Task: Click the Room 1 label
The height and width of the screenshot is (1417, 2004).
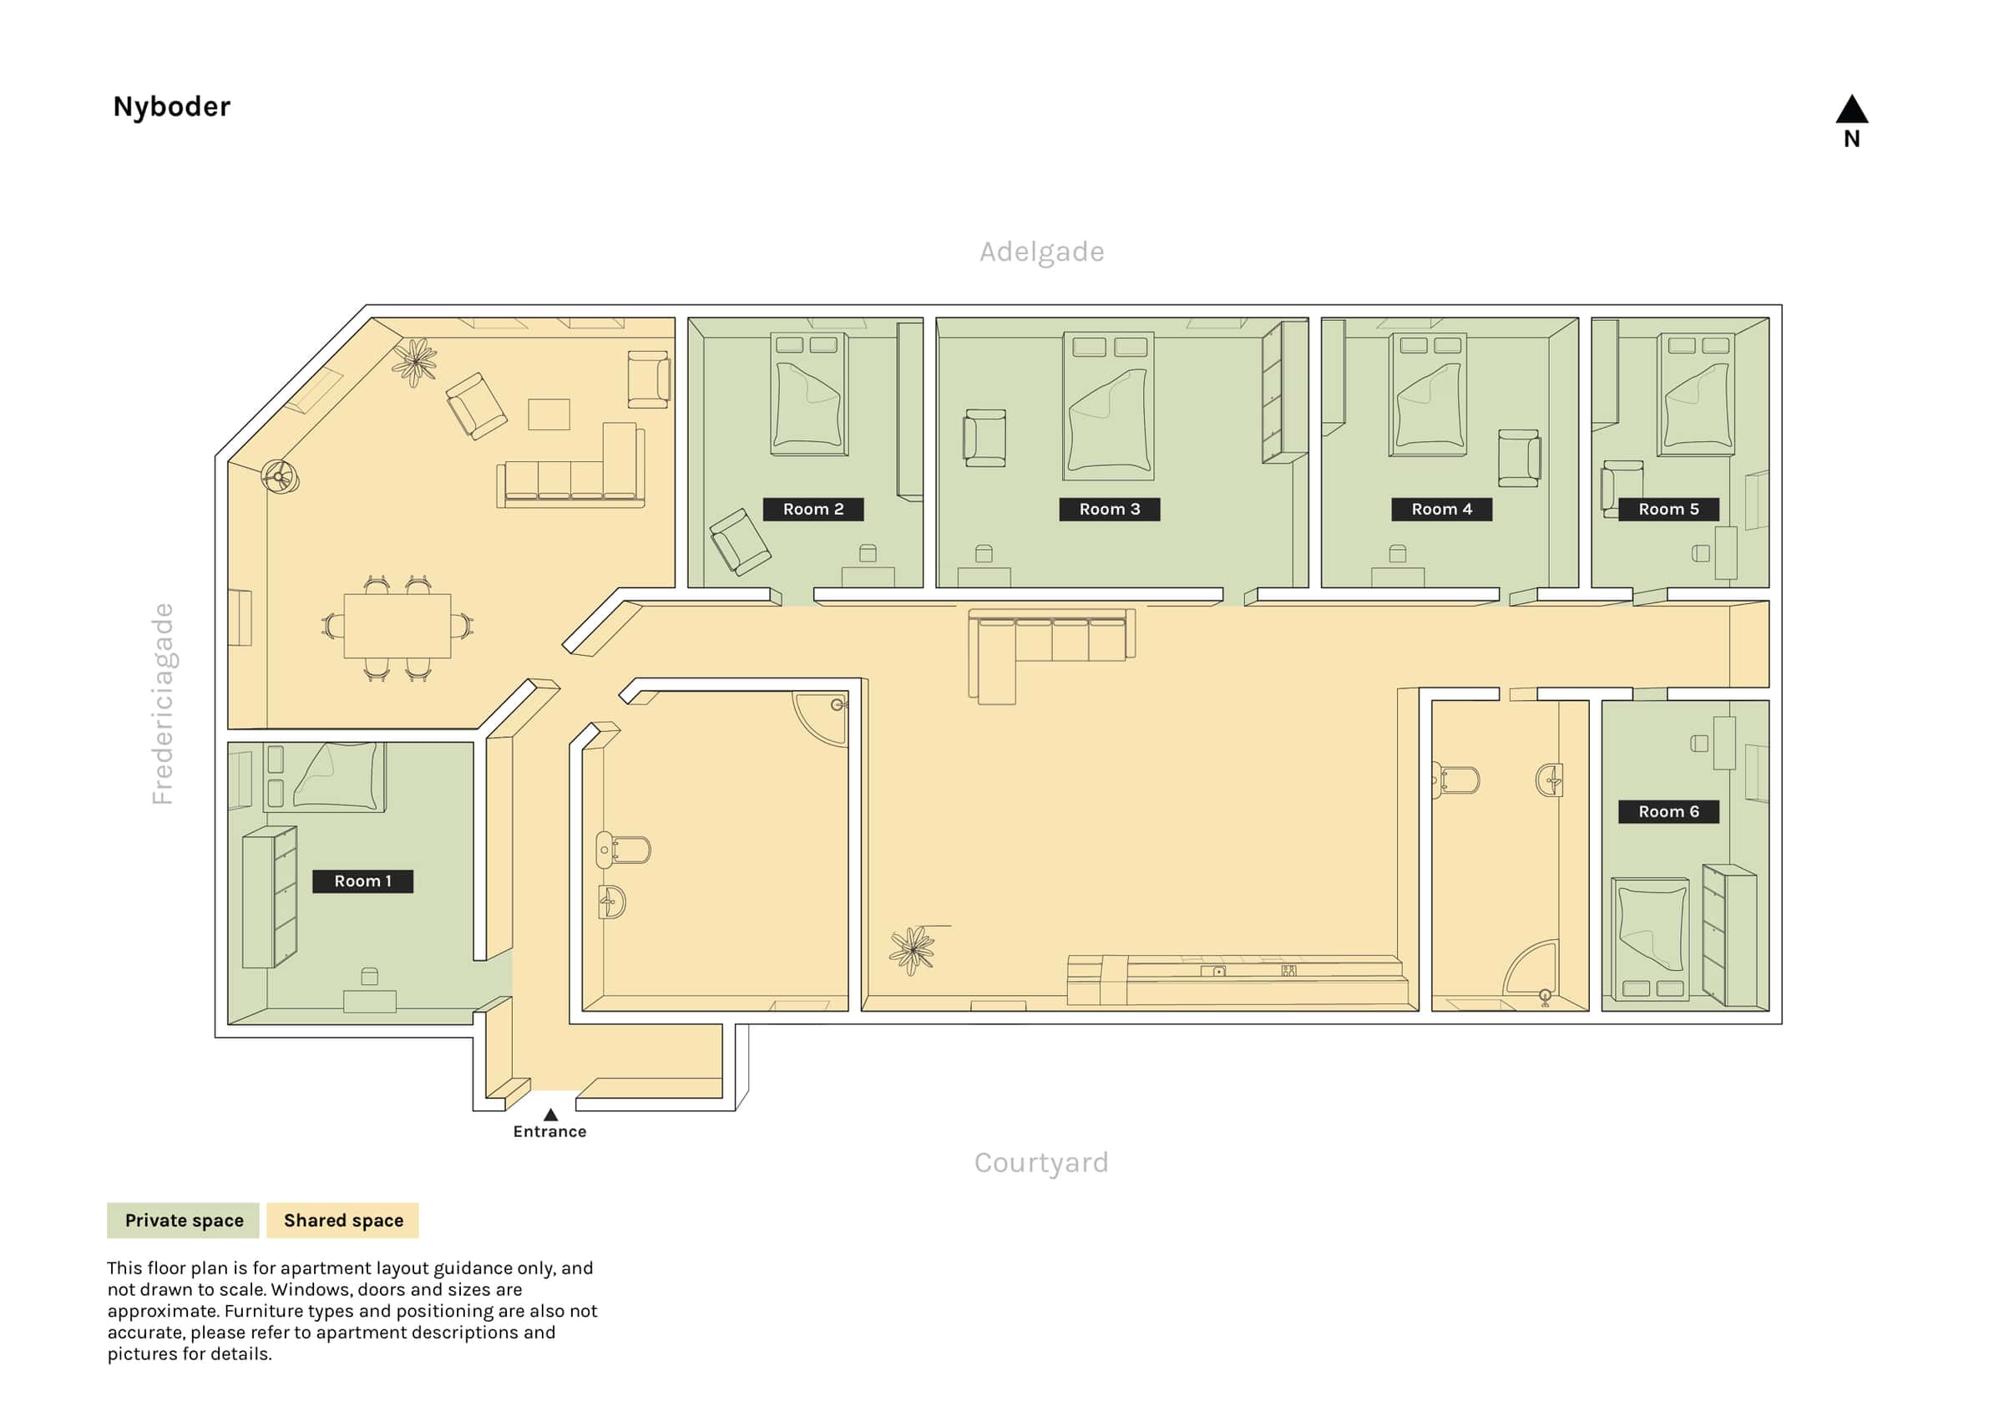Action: pyautogui.click(x=362, y=881)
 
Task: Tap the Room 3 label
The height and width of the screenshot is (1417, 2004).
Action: pyautogui.click(x=1110, y=509)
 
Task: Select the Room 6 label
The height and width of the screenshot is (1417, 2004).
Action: pyautogui.click(x=1668, y=811)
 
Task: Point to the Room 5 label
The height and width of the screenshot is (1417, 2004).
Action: pyautogui.click(x=1668, y=509)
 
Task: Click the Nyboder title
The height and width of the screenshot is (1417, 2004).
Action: pyautogui.click(x=172, y=106)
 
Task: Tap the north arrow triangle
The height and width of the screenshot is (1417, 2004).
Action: pyautogui.click(x=1851, y=109)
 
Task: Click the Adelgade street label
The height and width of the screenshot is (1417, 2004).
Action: pyautogui.click(x=1041, y=251)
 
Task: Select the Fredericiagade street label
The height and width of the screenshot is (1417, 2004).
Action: pyautogui.click(x=163, y=703)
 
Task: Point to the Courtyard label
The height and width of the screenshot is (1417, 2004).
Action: pyautogui.click(x=1041, y=1162)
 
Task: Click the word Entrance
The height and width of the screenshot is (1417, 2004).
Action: pyautogui.click(x=550, y=1131)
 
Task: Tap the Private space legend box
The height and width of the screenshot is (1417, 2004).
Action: pyautogui.click(x=184, y=1221)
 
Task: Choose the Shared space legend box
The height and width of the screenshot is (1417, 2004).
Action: pyautogui.click(x=343, y=1221)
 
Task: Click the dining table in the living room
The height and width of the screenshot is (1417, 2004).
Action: pyautogui.click(x=397, y=626)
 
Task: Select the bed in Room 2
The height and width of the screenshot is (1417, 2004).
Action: pyautogui.click(x=809, y=394)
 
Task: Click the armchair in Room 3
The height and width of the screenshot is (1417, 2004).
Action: pyautogui.click(x=984, y=438)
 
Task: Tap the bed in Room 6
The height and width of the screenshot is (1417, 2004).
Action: pyautogui.click(x=1650, y=939)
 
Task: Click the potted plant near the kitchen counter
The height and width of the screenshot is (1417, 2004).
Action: pyautogui.click(x=912, y=950)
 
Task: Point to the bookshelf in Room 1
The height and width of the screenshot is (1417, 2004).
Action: pyautogui.click(x=270, y=896)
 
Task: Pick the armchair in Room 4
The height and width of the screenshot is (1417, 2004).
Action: pyautogui.click(x=1519, y=458)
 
